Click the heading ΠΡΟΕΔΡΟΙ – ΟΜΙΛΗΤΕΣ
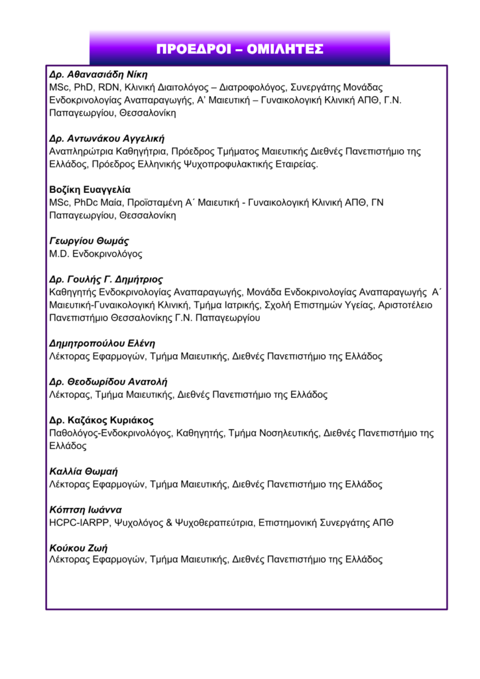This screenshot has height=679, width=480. [239, 49]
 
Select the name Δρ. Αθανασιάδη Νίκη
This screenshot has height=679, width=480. [98, 74]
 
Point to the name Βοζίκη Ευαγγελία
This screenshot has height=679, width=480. [90, 190]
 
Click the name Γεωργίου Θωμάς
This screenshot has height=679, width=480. [89, 241]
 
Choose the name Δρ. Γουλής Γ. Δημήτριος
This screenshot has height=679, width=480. [106, 279]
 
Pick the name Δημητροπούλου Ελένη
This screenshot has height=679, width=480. [102, 343]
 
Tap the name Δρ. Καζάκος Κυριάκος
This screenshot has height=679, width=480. [101, 420]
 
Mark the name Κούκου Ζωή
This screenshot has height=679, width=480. [78, 548]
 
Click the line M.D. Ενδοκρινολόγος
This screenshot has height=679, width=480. [95, 254]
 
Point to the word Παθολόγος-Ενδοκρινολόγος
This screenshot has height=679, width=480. [111, 433]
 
